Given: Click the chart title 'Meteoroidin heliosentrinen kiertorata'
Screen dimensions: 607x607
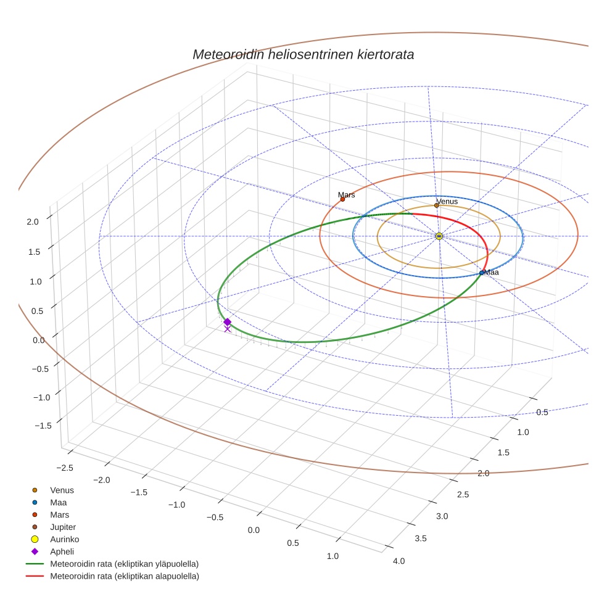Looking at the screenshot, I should (x=303, y=54).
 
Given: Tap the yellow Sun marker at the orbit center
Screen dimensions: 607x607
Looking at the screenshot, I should (x=439, y=236).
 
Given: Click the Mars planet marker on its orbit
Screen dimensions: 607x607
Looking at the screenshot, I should (x=342, y=199).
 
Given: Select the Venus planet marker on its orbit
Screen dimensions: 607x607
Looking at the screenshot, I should (x=436, y=205).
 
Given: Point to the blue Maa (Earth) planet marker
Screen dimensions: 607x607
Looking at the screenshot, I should (x=482, y=273).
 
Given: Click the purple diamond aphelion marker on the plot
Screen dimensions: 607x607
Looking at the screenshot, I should (x=227, y=322).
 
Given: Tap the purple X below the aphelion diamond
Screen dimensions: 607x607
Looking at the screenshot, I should (x=227, y=329).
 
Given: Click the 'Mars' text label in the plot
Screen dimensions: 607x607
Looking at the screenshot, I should (x=347, y=195).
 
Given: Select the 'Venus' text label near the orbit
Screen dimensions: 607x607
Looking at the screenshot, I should (x=447, y=201).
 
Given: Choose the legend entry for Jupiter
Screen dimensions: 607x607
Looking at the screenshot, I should (x=62, y=527).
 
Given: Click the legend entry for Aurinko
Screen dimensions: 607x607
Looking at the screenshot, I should (x=64, y=539).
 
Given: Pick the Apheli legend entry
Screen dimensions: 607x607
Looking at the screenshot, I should (x=62, y=551).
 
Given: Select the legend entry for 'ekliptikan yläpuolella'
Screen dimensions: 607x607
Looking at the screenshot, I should (x=124, y=564).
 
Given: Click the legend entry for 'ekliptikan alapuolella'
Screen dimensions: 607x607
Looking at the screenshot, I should (x=124, y=576).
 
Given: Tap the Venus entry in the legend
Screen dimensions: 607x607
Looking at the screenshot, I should (x=62, y=490).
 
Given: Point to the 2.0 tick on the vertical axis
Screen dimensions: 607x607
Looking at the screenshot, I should (x=33, y=221).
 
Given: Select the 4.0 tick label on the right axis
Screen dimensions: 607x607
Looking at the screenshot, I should (x=398, y=561).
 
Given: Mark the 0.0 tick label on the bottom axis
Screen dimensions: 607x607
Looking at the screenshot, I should (x=254, y=531).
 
